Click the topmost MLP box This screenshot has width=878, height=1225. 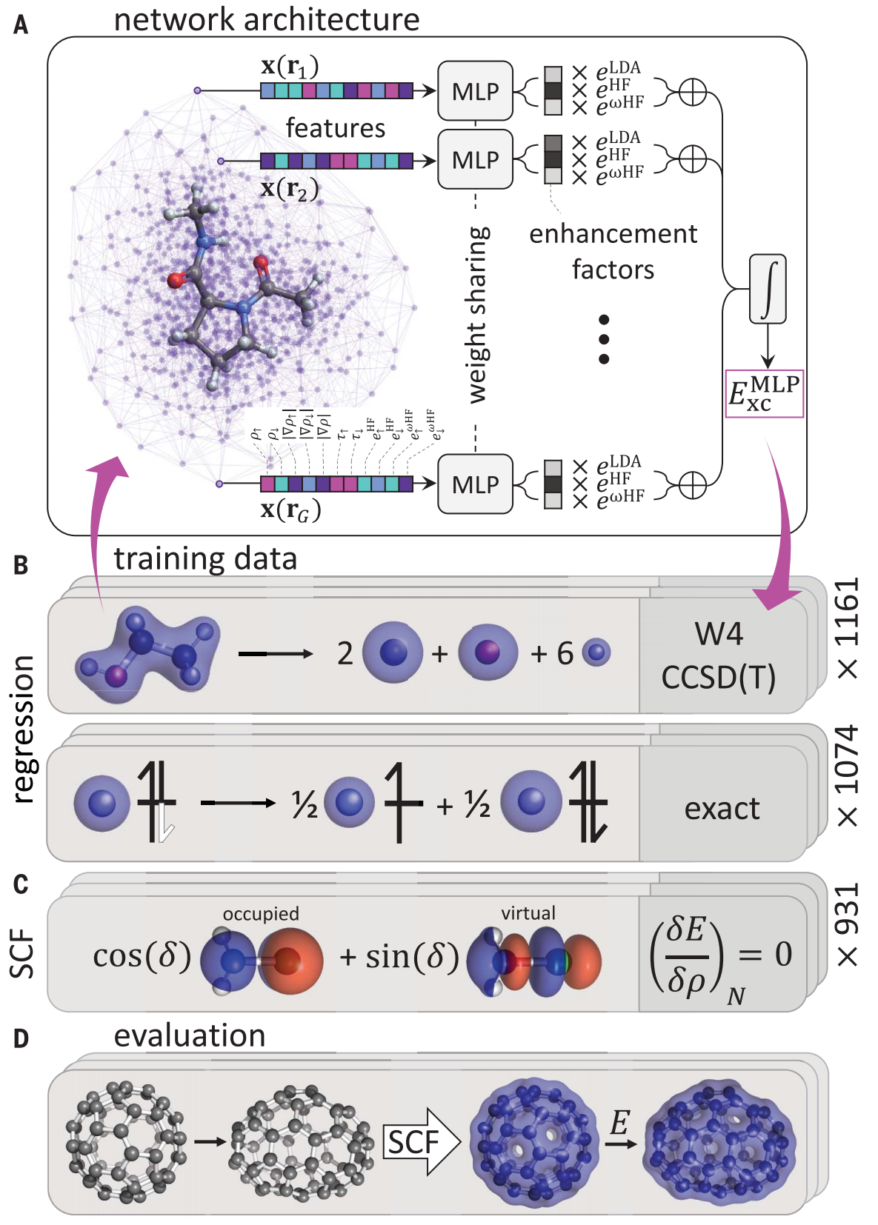475,91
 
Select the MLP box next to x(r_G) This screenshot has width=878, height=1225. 475,484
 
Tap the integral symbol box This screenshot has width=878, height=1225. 768,289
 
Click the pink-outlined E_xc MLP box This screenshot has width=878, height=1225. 765,394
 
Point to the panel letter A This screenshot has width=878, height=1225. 21,26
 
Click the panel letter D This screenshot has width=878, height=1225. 21,1038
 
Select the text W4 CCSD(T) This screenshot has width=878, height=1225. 718,655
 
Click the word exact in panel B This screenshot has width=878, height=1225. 722,809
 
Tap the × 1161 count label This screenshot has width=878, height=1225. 846,628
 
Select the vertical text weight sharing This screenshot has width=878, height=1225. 478,316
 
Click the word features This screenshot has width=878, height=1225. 336,128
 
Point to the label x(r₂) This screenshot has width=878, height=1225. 290,189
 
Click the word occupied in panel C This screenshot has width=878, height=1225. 261,914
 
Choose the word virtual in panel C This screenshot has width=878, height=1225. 528,913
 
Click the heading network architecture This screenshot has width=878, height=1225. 267,19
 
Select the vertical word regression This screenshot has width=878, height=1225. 24,729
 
